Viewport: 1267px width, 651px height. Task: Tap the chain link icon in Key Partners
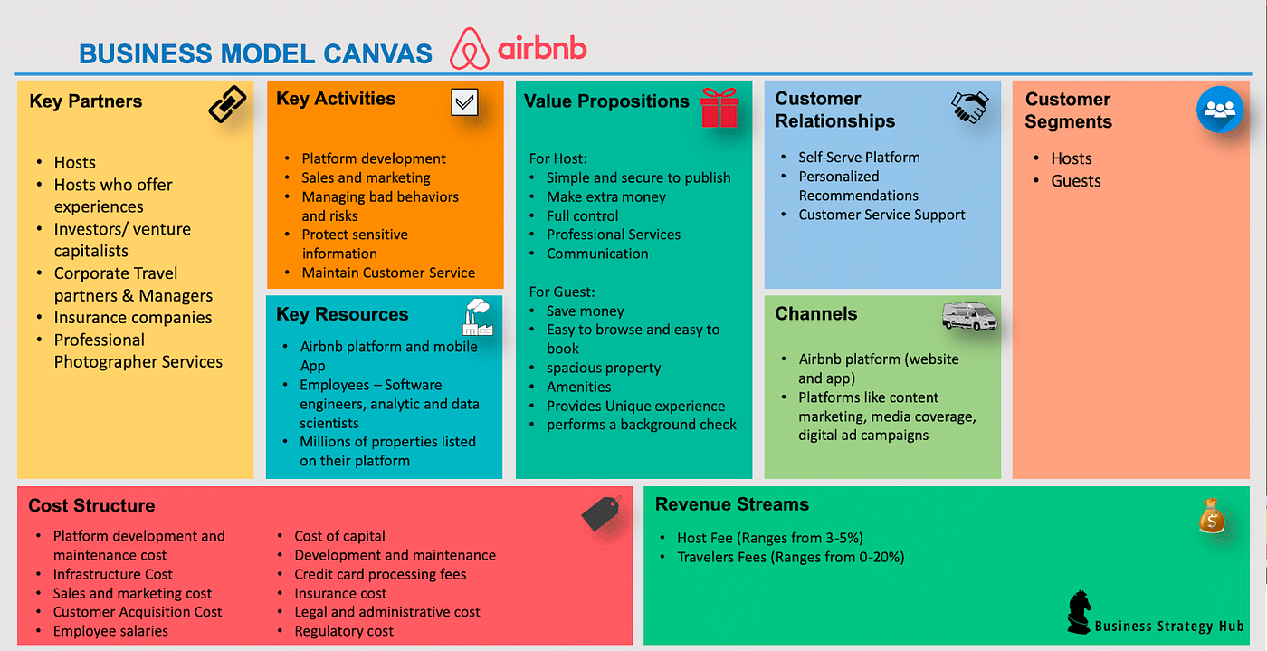coord(226,104)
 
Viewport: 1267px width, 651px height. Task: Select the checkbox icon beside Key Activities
coord(464,102)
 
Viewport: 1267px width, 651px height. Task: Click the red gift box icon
coord(719,108)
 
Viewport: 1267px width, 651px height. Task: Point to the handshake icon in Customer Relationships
coord(969,108)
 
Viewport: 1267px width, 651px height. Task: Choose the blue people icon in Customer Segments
coord(1220,110)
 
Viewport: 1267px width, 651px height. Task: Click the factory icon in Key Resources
coord(477,318)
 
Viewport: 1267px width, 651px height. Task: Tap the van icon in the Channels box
coord(969,316)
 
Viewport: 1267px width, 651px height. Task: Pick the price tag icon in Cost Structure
coord(601,512)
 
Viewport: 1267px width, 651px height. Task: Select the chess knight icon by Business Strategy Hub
coord(1079,612)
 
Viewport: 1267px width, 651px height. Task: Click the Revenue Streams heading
coord(732,504)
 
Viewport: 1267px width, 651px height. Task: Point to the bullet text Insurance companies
coord(132,318)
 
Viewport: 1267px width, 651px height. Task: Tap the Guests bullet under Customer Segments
coord(1075,181)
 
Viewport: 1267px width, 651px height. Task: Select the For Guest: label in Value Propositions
coord(562,292)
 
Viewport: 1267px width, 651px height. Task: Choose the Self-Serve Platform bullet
coord(858,158)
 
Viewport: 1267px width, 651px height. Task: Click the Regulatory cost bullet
coord(344,631)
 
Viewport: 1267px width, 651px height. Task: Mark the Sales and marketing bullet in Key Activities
coord(366,178)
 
